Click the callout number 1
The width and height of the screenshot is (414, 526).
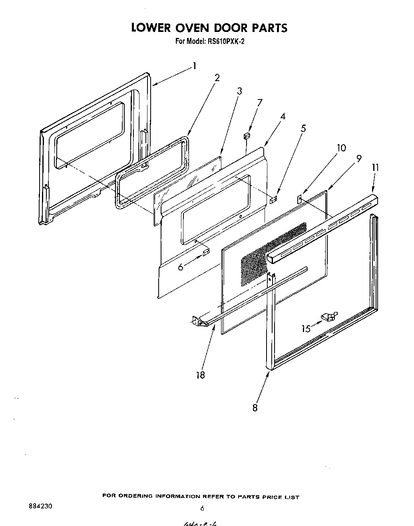click(x=194, y=66)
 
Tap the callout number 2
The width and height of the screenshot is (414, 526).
click(x=217, y=77)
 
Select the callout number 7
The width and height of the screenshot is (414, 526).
click(x=260, y=102)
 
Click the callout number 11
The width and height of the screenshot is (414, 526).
click(x=376, y=168)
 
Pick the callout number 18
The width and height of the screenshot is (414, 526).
click(x=201, y=375)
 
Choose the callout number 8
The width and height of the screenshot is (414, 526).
click(x=255, y=407)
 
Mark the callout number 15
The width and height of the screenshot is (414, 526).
click(x=306, y=329)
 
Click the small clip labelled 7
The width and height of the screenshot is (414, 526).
click(x=247, y=137)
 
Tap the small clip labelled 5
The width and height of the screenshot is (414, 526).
click(x=274, y=199)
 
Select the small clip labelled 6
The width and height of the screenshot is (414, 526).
click(x=206, y=252)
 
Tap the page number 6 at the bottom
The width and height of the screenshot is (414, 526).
click(x=202, y=508)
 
